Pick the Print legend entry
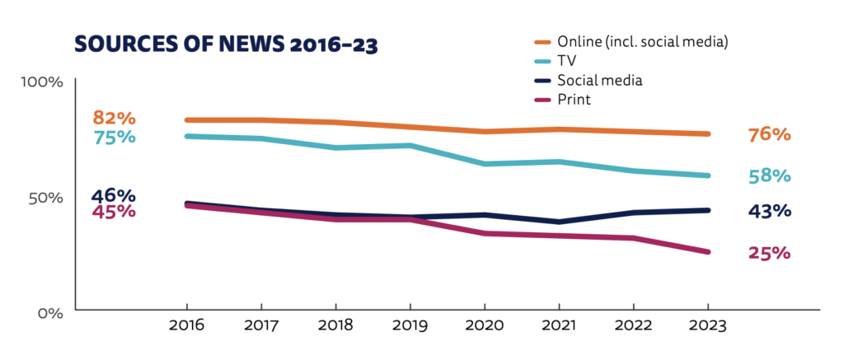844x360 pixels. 574,100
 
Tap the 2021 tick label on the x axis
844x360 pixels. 559,326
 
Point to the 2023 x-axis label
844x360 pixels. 708,326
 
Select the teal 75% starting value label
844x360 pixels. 114,137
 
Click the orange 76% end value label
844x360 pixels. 769,134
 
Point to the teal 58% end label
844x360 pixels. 769,175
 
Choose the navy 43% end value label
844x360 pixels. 769,211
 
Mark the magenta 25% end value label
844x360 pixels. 769,253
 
